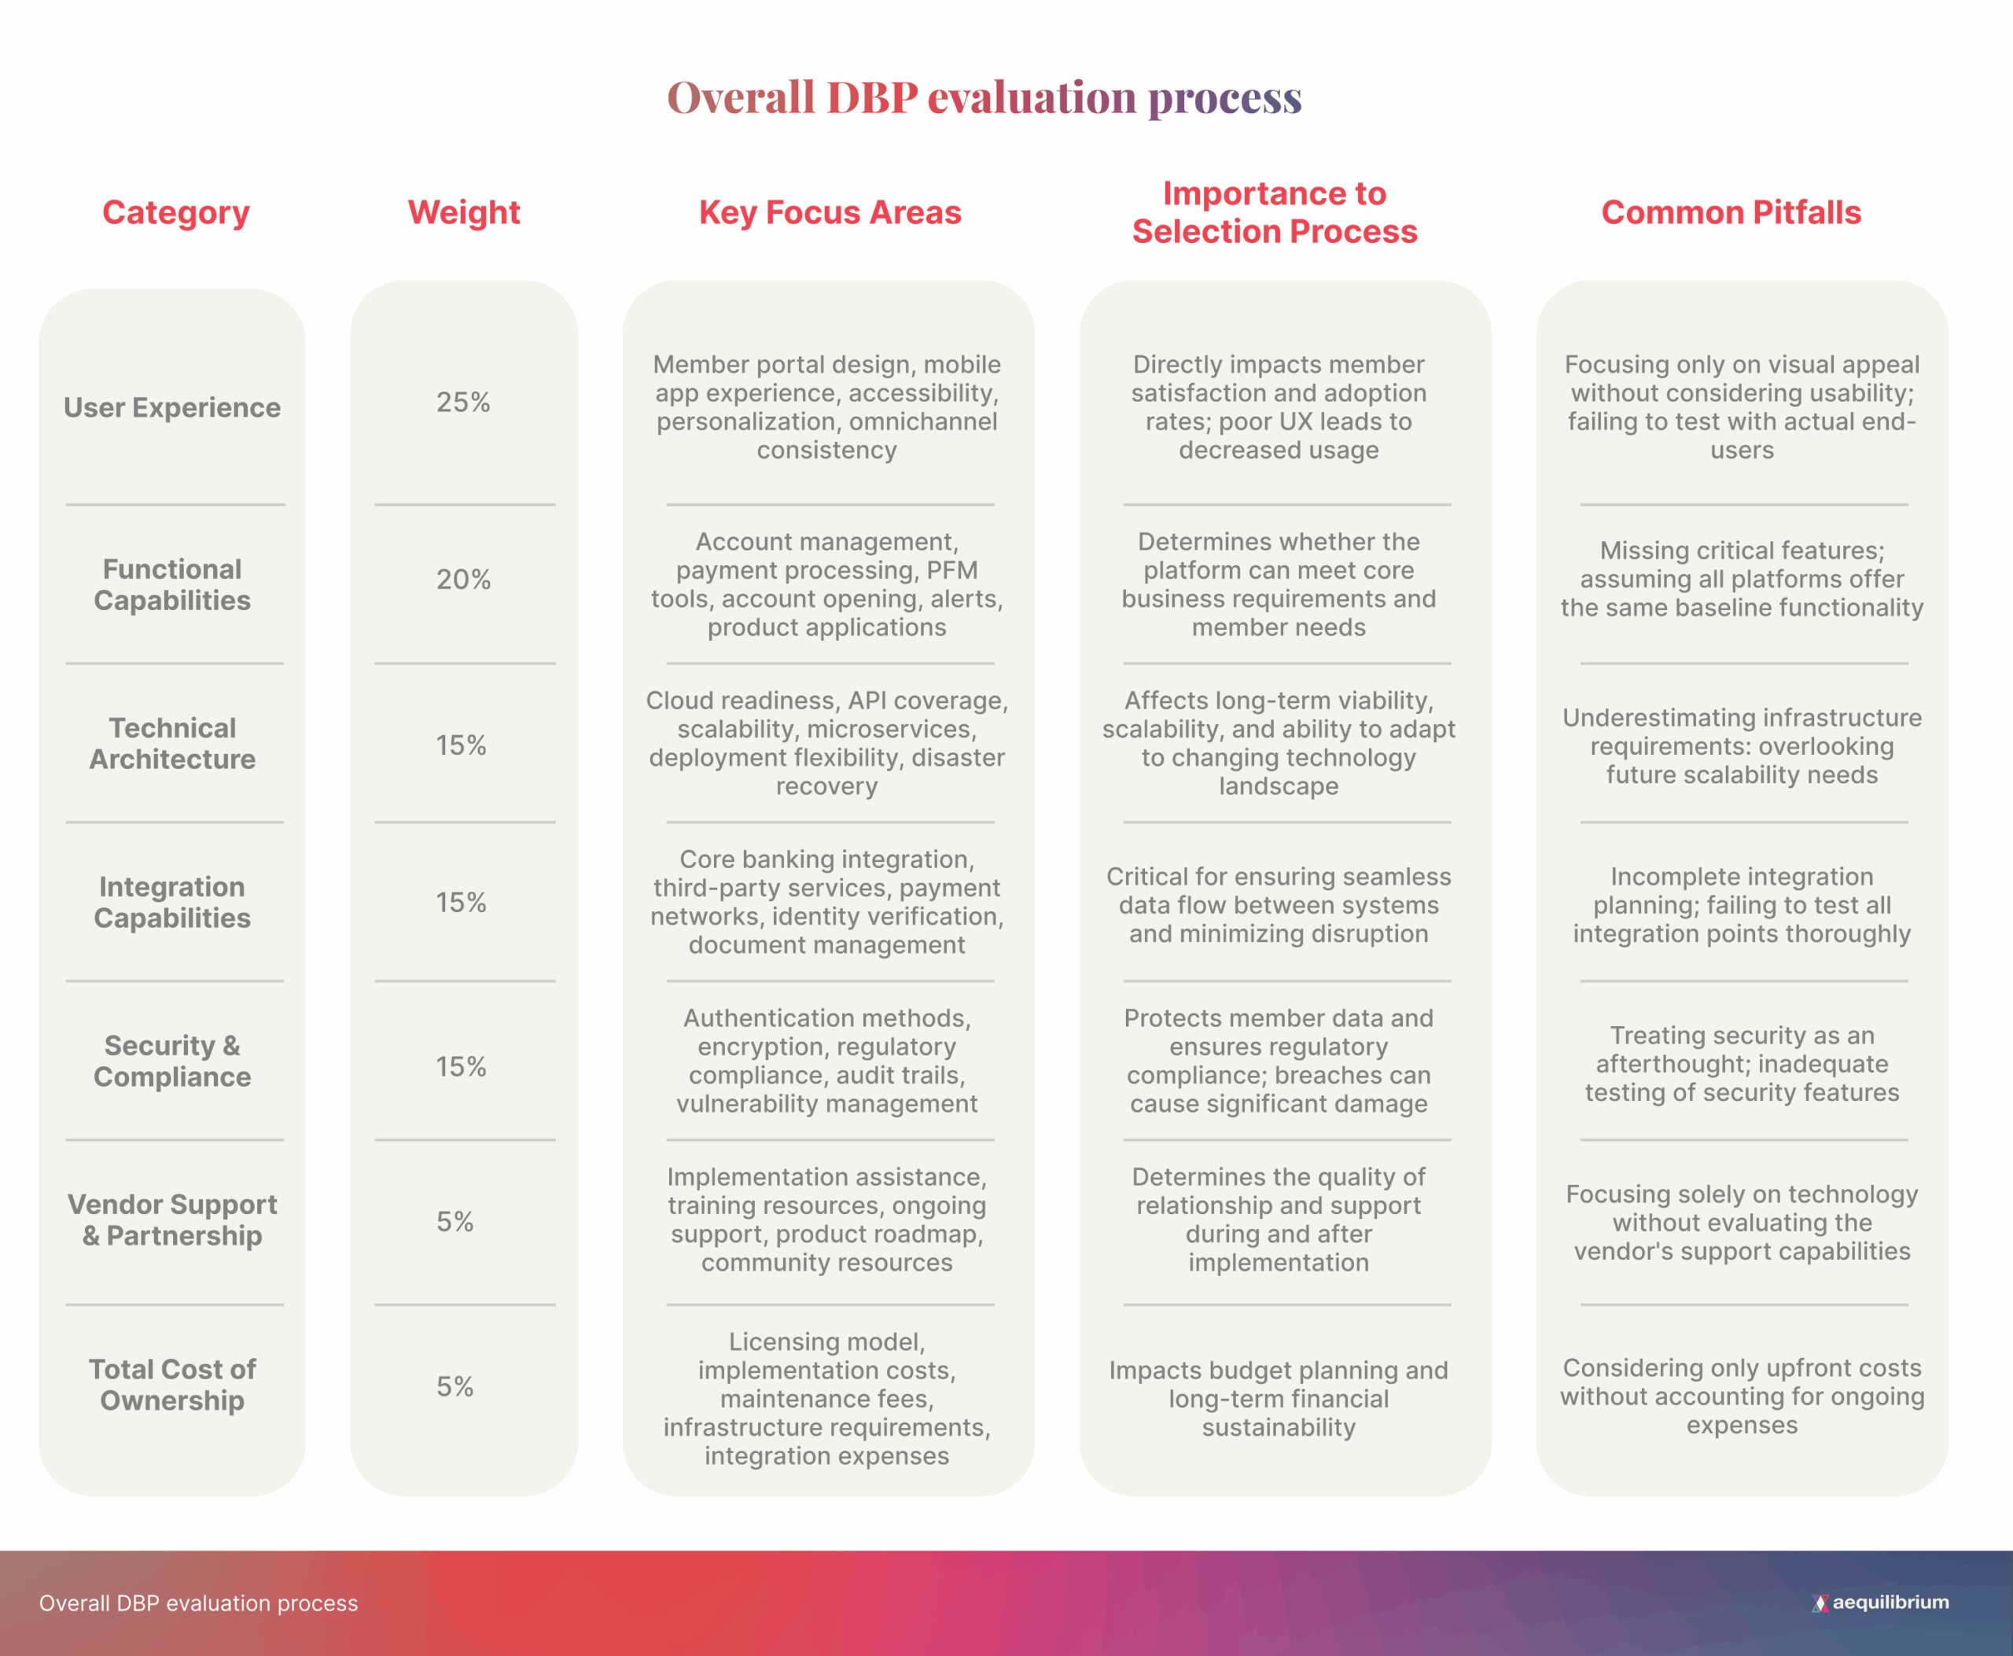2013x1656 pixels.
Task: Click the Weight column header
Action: click(x=464, y=212)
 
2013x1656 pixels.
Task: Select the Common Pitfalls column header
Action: click(x=1731, y=212)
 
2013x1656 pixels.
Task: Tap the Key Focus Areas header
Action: click(x=830, y=212)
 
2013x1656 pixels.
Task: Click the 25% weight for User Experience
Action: click(x=464, y=403)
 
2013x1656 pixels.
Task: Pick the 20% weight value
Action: click(x=464, y=579)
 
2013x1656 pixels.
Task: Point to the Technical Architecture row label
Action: click(x=173, y=743)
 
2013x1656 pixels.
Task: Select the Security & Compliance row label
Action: click(x=173, y=1061)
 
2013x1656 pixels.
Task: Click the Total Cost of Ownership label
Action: click(x=173, y=1384)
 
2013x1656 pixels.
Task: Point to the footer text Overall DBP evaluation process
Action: click(x=198, y=1603)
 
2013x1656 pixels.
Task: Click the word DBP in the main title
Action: click(x=872, y=98)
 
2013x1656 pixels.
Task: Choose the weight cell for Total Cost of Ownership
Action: click(x=455, y=1386)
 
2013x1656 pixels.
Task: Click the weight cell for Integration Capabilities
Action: click(x=462, y=903)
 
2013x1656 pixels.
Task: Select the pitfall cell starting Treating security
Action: click(x=1742, y=1064)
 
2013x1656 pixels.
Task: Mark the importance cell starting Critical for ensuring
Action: click(x=1279, y=904)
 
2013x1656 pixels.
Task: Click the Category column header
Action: click(x=175, y=212)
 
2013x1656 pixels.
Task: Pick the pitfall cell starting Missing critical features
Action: click(x=1742, y=579)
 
